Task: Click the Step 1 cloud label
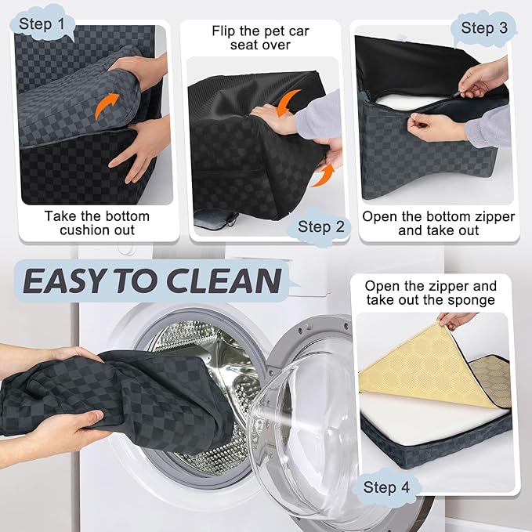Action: (42, 24)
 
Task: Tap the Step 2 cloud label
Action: (320, 226)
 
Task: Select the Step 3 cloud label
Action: (484, 28)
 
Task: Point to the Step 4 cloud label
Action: (386, 487)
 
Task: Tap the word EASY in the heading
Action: (63, 281)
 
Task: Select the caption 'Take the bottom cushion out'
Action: (97, 223)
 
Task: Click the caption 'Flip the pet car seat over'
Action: (261, 38)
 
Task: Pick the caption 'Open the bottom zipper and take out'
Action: (438, 223)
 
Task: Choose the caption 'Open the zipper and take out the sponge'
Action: (431, 293)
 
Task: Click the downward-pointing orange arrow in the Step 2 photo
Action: (288, 102)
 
